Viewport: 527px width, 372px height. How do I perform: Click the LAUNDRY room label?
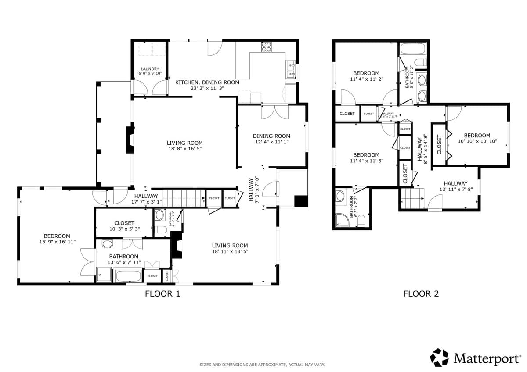(x=150, y=71)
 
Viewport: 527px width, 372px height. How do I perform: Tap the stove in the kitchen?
(x=266, y=46)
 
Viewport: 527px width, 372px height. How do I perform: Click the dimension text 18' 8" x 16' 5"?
(x=185, y=149)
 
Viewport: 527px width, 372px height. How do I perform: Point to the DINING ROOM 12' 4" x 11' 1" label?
(x=271, y=139)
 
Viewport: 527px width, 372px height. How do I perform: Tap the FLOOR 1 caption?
(x=162, y=294)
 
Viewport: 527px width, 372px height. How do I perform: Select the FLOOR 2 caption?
(x=421, y=294)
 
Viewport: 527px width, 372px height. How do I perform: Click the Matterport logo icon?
(x=439, y=358)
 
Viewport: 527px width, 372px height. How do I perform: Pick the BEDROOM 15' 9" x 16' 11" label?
(x=57, y=239)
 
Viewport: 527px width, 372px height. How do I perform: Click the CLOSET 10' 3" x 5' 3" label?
(x=124, y=226)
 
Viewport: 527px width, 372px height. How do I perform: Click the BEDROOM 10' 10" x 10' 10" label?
(x=477, y=138)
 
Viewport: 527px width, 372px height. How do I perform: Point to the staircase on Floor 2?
(x=413, y=198)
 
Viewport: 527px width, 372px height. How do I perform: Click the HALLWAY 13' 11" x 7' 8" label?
(x=455, y=186)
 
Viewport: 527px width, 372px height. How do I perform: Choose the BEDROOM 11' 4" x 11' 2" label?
(x=366, y=76)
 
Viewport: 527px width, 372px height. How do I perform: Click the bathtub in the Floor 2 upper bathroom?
(x=412, y=48)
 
